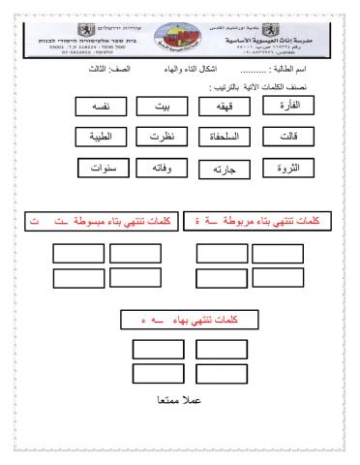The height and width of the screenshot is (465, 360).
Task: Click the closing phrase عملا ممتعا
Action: coord(181,399)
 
